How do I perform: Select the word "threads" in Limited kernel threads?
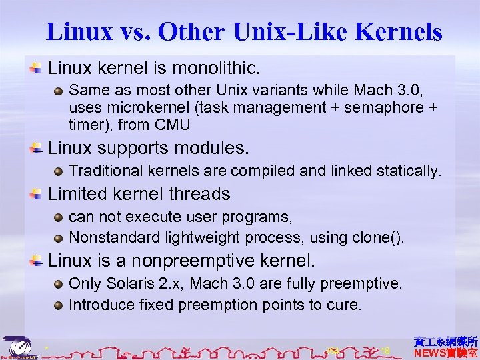pos(199,194)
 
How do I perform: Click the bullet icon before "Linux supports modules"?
pos(38,147)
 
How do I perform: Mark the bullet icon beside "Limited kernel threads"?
pos(38,194)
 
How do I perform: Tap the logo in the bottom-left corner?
pos(18,346)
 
